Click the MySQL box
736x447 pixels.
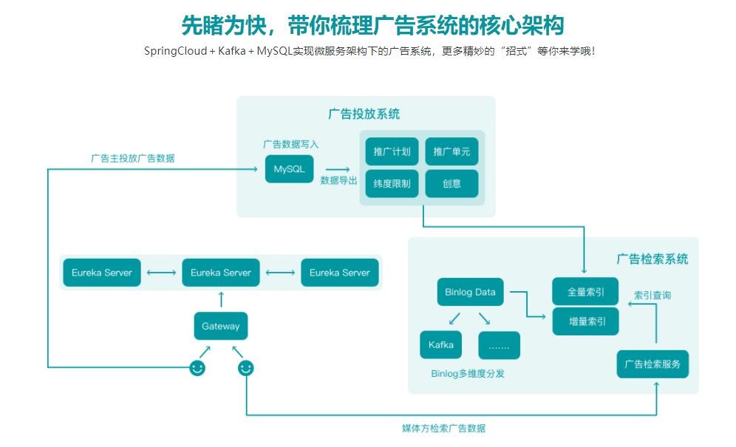(x=289, y=169)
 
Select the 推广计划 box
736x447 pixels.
(x=392, y=151)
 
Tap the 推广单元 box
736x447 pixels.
(x=452, y=151)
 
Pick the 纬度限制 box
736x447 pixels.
(x=392, y=183)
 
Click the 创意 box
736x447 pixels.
(x=452, y=183)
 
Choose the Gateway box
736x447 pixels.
(x=221, y=326)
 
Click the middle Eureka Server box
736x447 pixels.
(x=221, y=273)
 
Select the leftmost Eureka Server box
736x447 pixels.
(x=102, y=273)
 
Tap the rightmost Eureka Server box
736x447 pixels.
(x=340, y=273)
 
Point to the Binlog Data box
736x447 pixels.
(x=470, y=292)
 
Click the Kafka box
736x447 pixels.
(x=441, y=345)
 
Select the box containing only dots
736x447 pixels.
(x=499, y=345)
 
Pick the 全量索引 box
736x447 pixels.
(x=585, y=292)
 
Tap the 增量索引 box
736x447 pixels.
(x=585, y=321)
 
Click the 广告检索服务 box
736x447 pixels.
(x=652, y=364)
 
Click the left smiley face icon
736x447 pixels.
(x=197, y=367)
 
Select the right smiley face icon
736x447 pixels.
(x=246, y=367)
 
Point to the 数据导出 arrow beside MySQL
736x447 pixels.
(x=338, y=169)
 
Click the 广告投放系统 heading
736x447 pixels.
(x=364, y=114)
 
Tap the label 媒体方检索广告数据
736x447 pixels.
(x=443, y=429)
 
